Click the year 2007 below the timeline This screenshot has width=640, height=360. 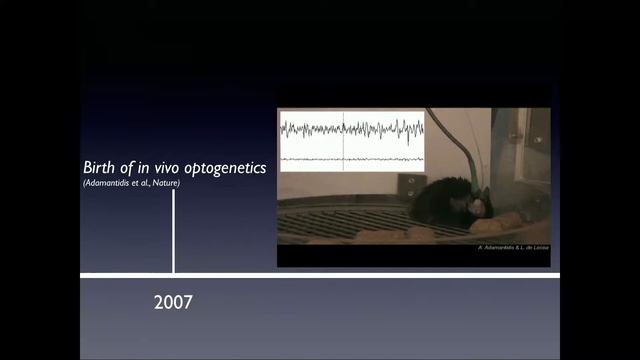tap(173, 301)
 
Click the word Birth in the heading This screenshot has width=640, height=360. tap(100, 168)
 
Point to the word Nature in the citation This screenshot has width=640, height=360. tap(166, 182)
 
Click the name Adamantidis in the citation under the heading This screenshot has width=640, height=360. tap(109, 182)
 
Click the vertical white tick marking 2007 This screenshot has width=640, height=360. tap(174, 230)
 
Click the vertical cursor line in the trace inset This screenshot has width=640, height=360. tap(343, 140)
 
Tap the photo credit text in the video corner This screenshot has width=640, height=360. tap(512, 246)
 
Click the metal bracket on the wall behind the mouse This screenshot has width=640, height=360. tap(409, 184)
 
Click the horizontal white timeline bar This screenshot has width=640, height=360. tap(320, 274)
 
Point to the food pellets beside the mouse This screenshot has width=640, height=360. tap(510, 220)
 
